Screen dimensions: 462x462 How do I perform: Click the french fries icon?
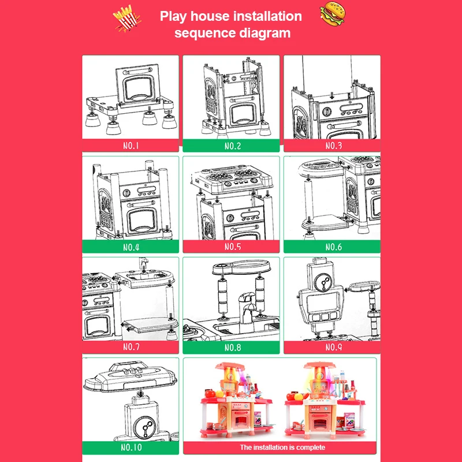[x=127, y=18]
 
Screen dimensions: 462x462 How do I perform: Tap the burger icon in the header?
[x=333, y=13]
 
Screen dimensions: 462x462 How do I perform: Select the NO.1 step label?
[x=131, y=146]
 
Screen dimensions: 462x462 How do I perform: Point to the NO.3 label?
[x=334, y=146]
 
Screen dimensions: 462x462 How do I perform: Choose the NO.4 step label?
[x=131, y=247]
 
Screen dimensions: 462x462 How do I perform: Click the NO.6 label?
[x=334, y=247]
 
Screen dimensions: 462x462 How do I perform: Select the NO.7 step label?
[x=131, y=347]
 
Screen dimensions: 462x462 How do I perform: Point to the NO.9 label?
[x=334, y=347]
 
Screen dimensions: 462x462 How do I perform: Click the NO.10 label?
[x=131, y=448]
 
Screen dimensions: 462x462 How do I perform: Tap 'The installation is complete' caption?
[x=282, y=447]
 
